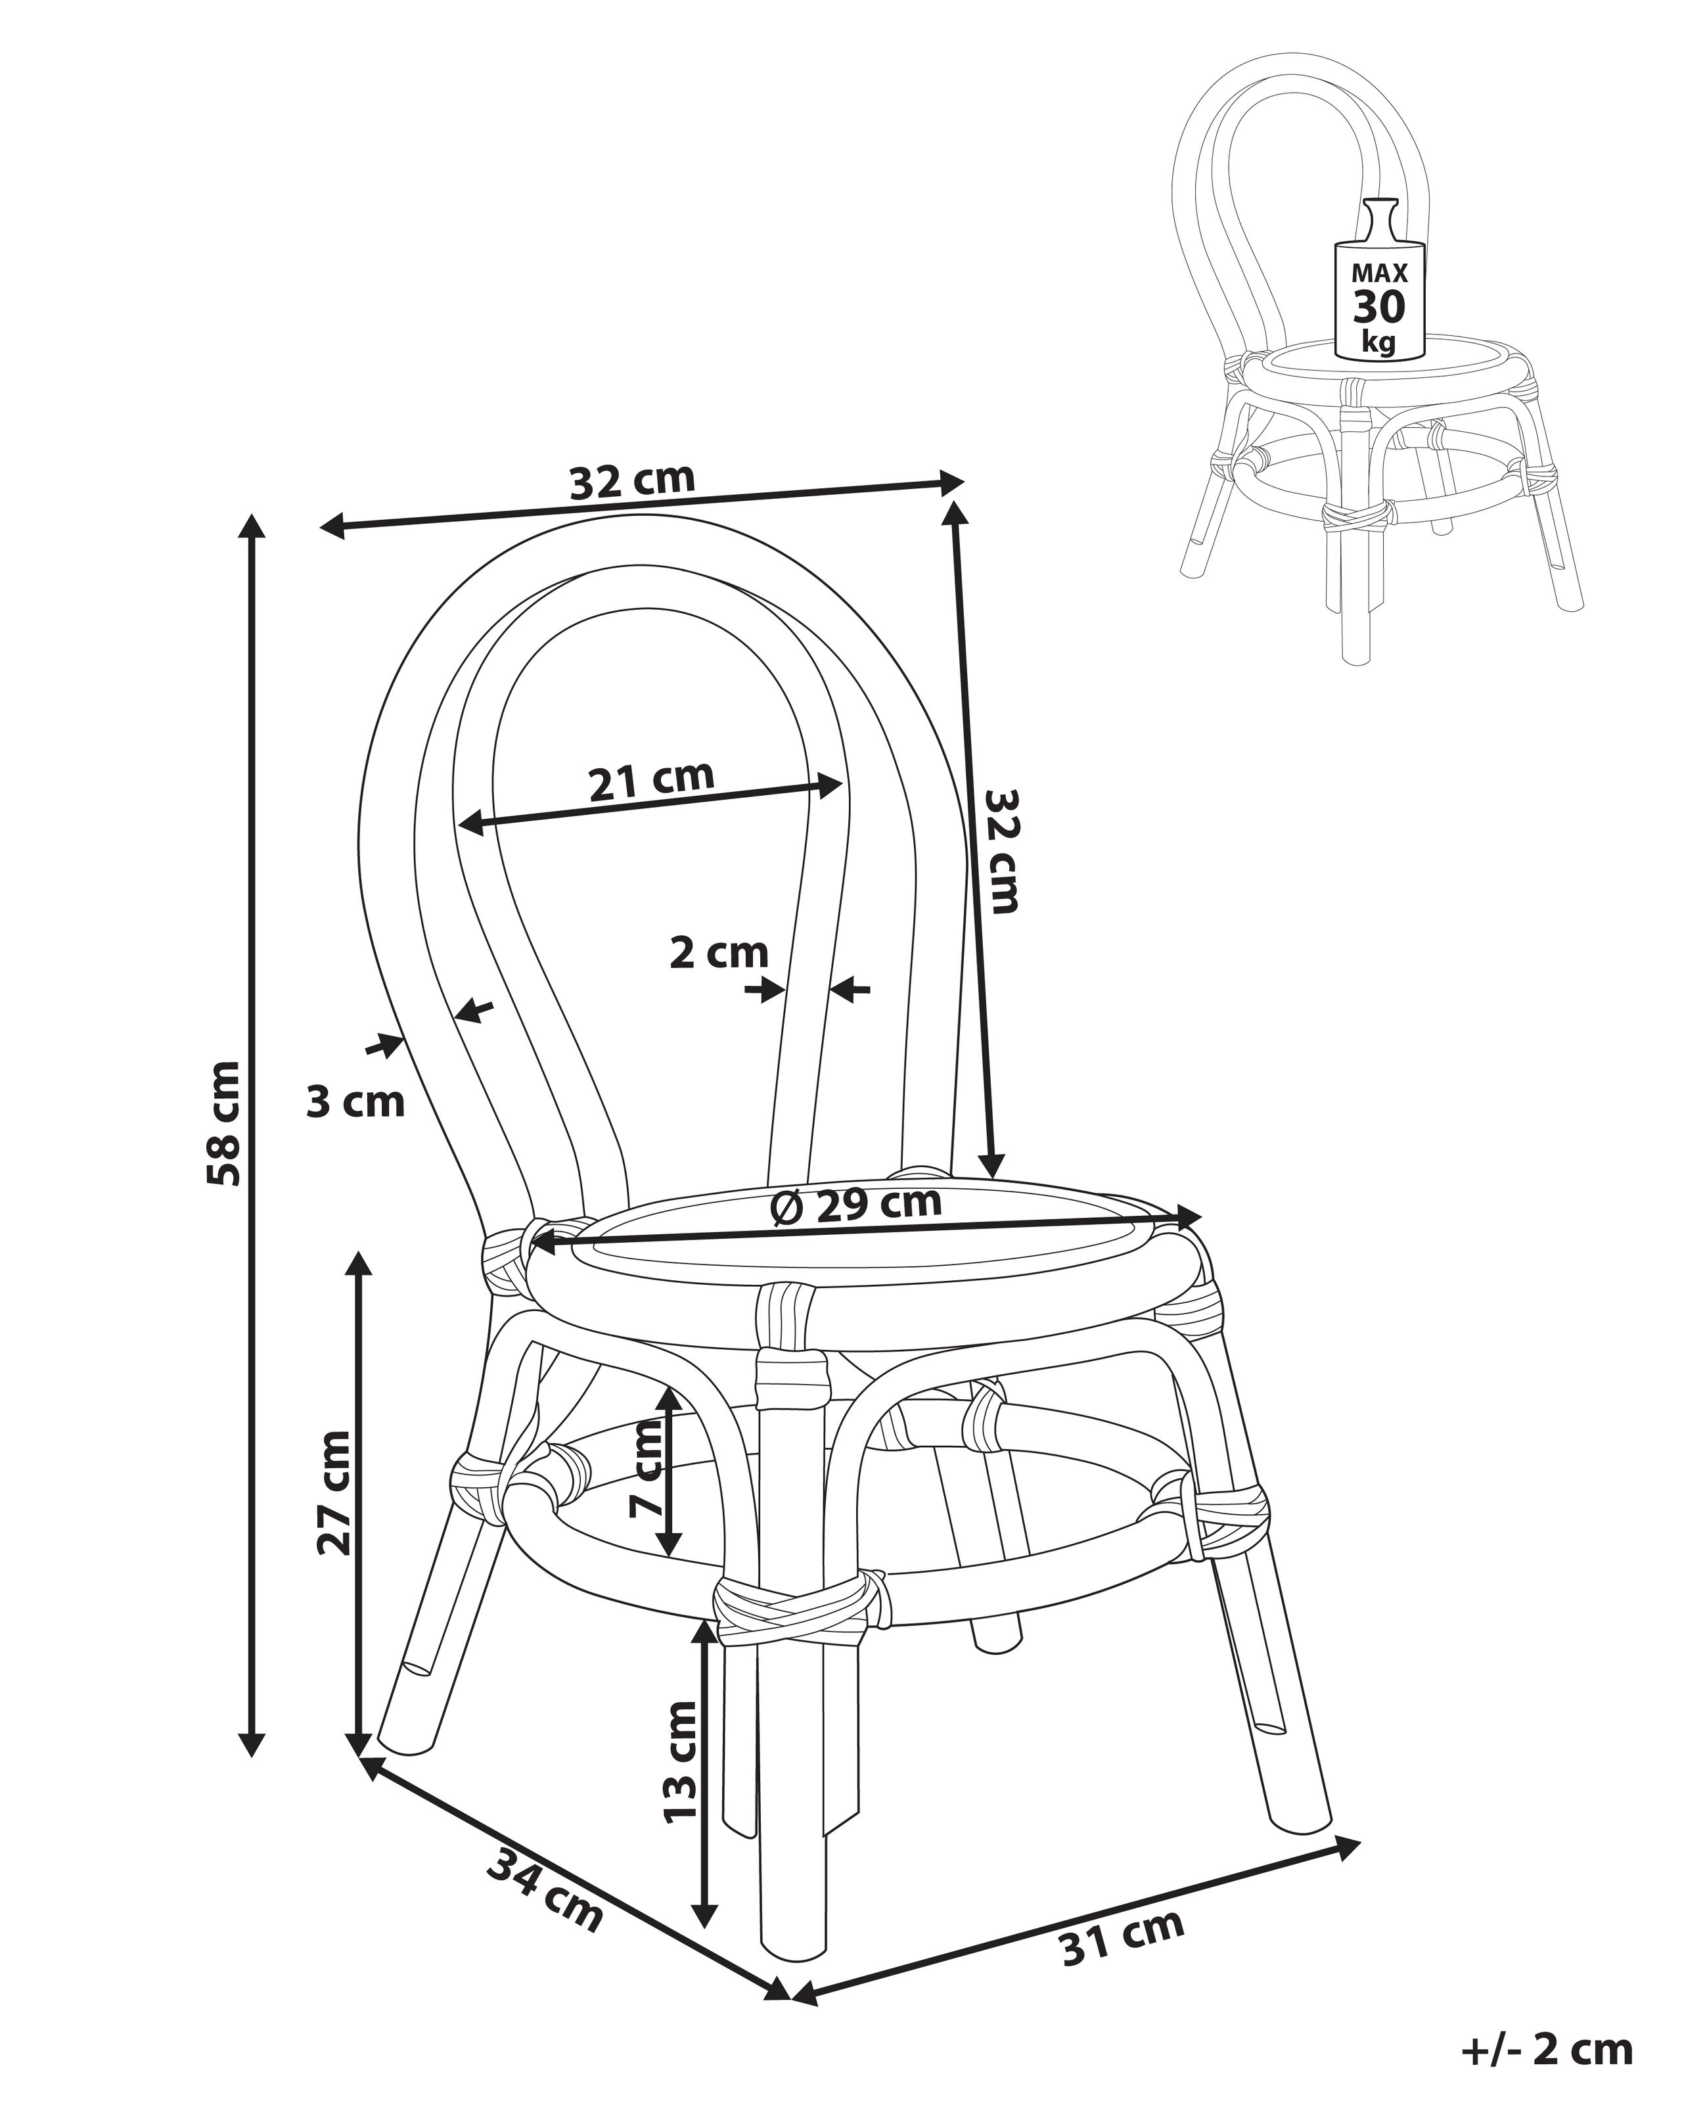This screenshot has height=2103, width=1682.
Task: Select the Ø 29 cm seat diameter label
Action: click(x=856, y=1207)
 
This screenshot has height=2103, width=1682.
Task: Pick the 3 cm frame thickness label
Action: click(x=355, y=1101)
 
